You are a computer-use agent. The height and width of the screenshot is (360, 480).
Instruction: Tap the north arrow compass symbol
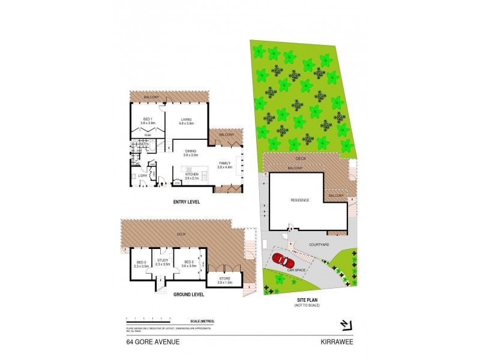pyautogui.click(x=345, y=325)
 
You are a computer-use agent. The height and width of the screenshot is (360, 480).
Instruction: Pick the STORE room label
pyautogui.click(x=223, y=279)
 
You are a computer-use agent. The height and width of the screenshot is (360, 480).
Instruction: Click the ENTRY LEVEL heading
pyautogui.click(x=186, y=202)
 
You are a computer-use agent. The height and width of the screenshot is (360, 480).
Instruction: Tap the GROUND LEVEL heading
pyautogui.click(x=189, y=295)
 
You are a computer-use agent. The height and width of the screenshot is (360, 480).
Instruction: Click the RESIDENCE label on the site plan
pyautogui.click(x=299, y=200)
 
